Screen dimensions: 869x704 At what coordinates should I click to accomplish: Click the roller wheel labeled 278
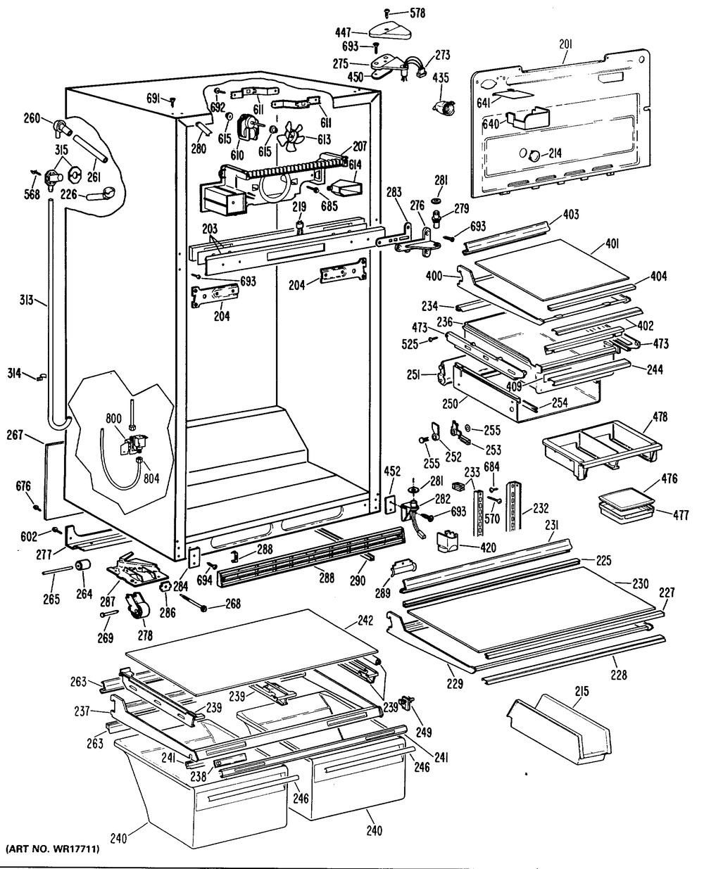134,605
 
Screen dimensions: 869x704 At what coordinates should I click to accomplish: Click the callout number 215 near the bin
581,692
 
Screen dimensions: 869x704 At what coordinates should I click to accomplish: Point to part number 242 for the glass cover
363,621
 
